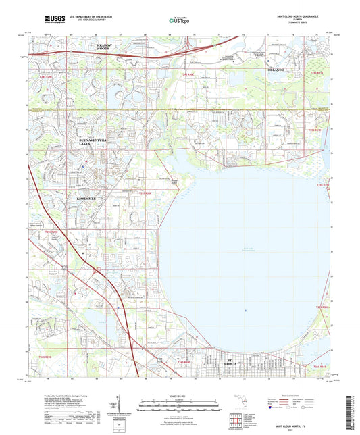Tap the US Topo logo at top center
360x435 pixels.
tap(178, 20)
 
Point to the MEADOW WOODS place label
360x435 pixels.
tap(103, 48)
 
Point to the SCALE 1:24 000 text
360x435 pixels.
tap(180, 395)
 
